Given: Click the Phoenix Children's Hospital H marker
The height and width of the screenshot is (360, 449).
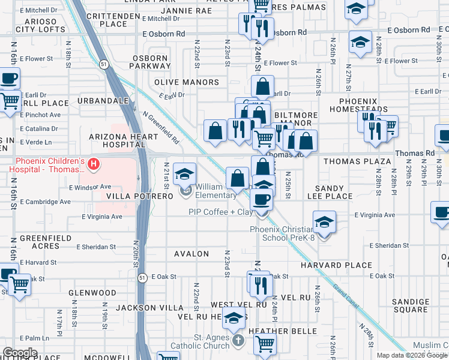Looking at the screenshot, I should tap(93, 163).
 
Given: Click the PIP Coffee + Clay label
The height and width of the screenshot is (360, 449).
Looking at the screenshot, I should tap(220, 212).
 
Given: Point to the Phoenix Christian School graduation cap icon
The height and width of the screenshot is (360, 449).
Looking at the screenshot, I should tap(324, 223).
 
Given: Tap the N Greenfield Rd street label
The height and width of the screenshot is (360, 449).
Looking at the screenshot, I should tap(161, 127).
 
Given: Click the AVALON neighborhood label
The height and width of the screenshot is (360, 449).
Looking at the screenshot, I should tap(191, 254).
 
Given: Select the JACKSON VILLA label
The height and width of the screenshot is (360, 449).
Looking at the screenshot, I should tap(142, 307).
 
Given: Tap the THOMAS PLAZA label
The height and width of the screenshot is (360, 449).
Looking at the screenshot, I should tap(357, 162).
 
